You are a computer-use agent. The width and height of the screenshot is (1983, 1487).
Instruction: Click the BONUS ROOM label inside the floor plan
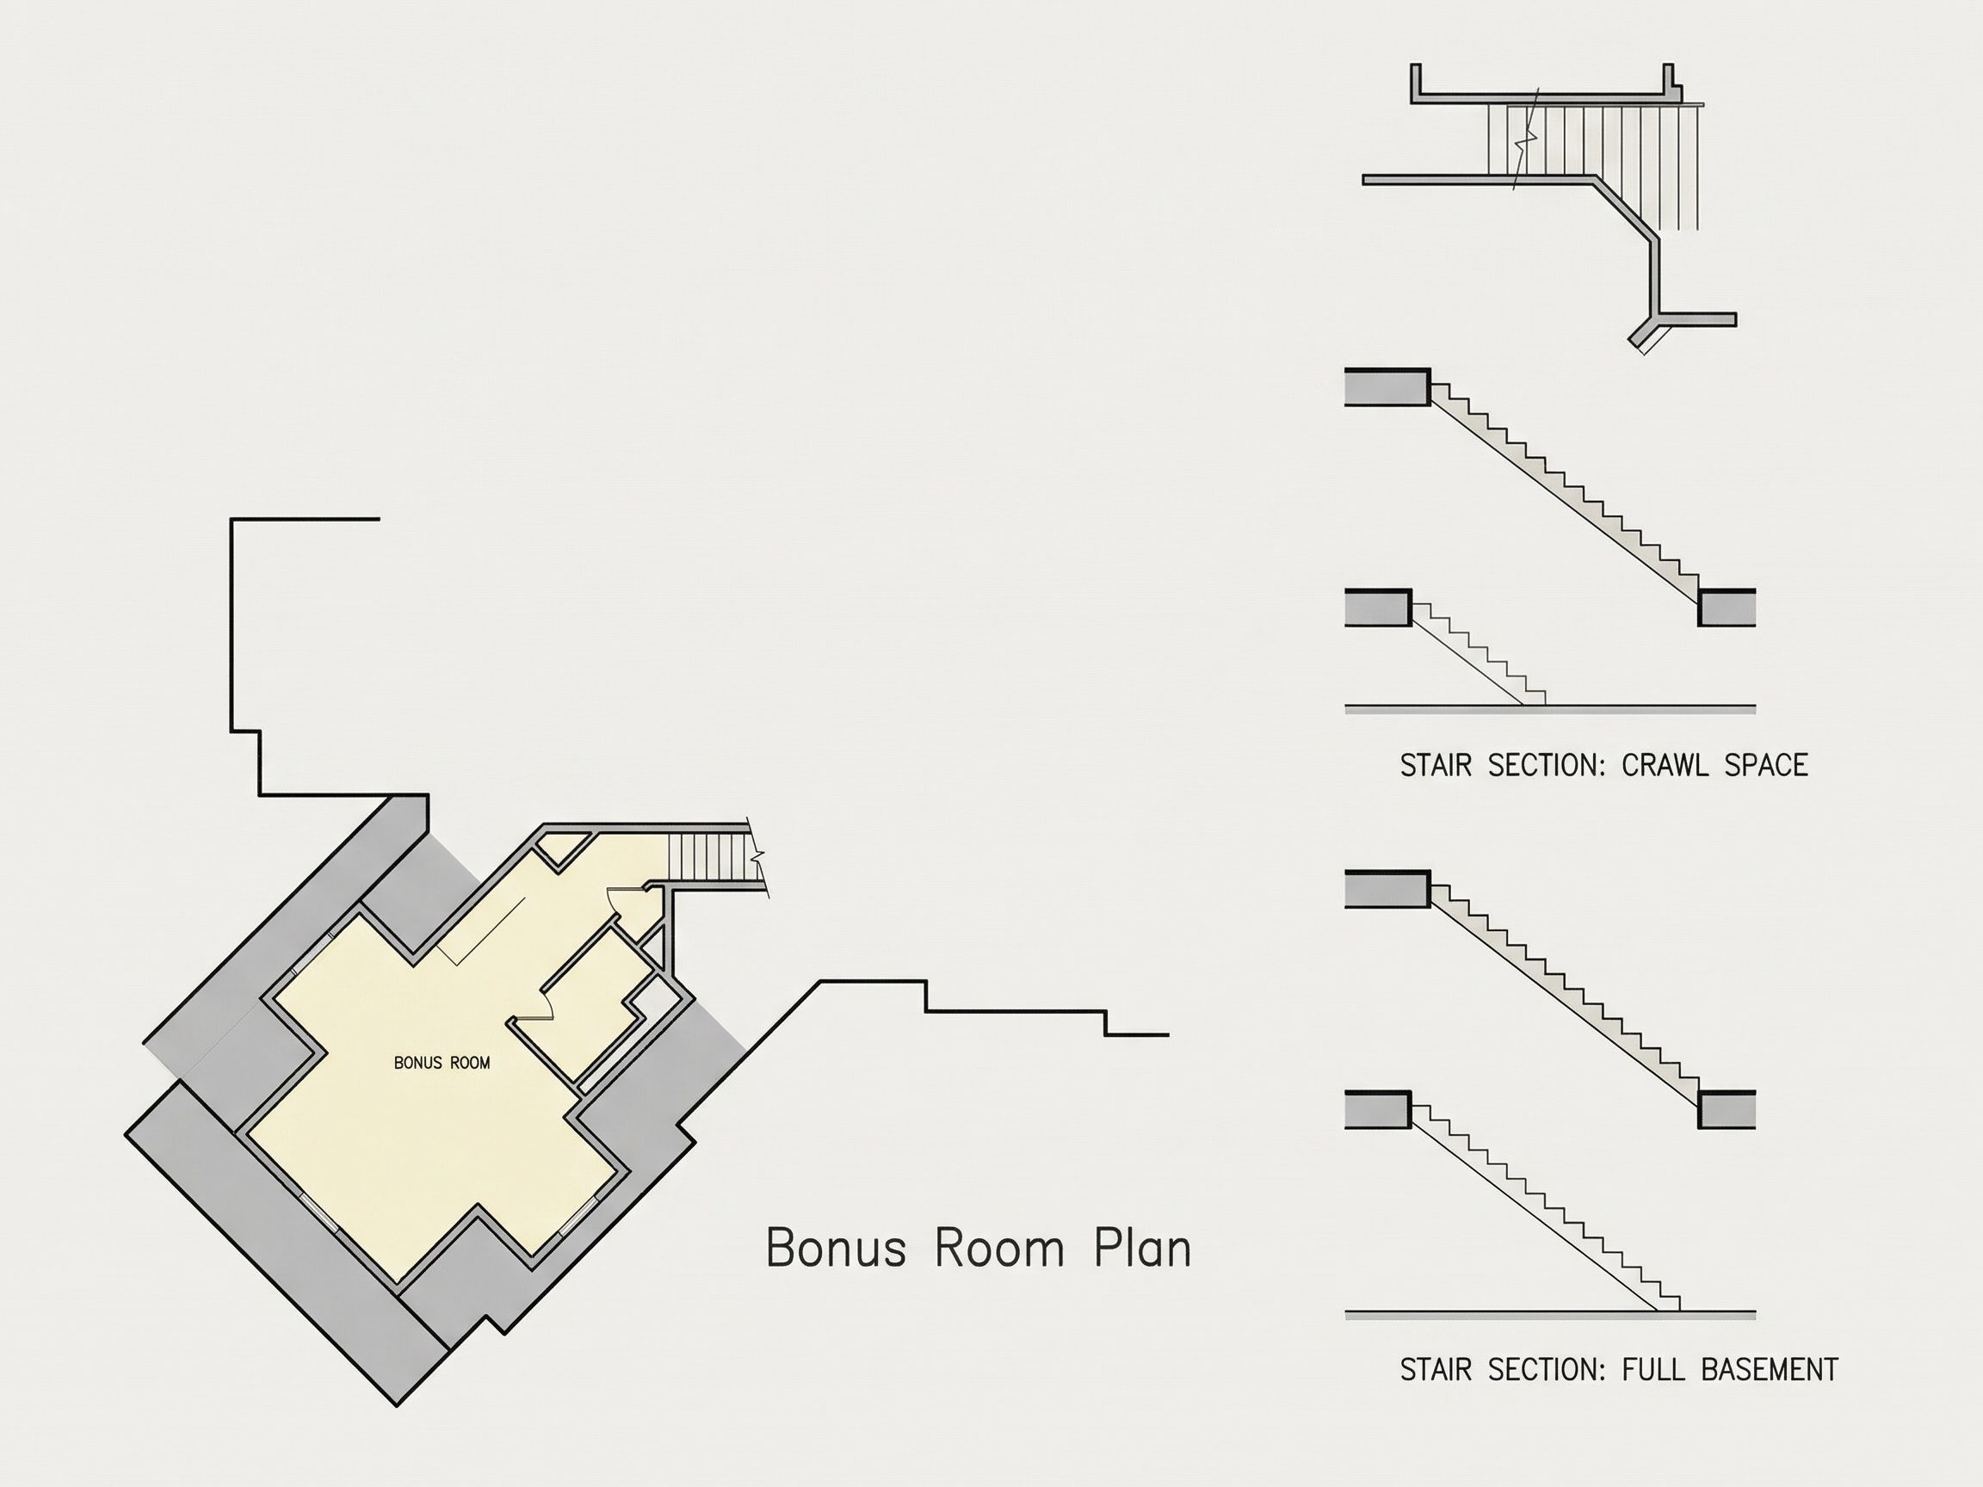[442, 1063]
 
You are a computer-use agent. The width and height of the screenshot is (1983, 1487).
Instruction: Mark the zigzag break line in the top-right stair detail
[1526, 139]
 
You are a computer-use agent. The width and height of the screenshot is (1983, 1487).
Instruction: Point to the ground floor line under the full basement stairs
[1550, 1315]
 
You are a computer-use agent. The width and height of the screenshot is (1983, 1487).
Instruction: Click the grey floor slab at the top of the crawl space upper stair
[1387, 386]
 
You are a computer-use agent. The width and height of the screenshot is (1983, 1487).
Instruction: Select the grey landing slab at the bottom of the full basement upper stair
[1727, 1108]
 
